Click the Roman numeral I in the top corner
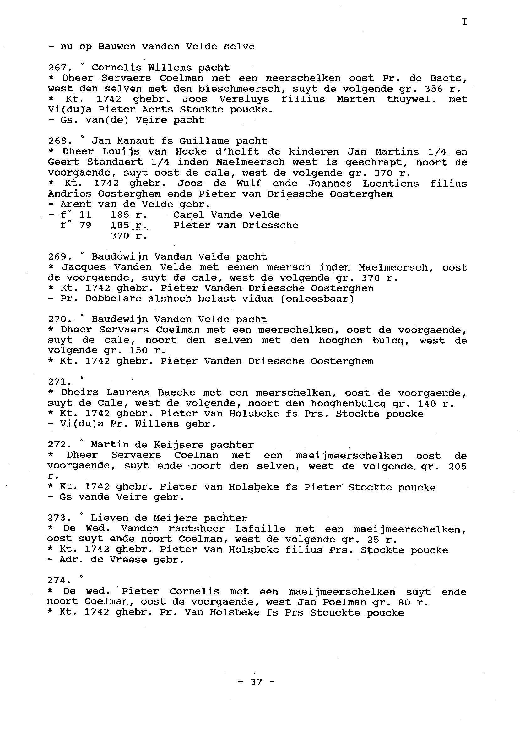(464, 21)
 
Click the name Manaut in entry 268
(140, 141)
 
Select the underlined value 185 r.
(129, 226)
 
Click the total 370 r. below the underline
(129, 236)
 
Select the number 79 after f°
(85, 226)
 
